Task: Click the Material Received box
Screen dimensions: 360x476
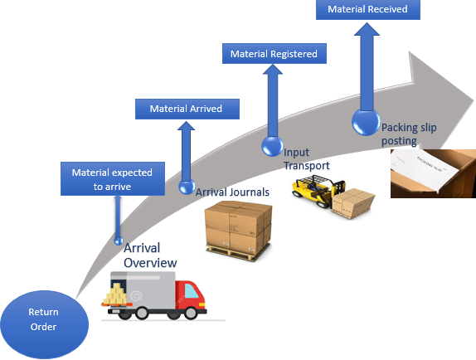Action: pyautogui.click(x=367, y=10)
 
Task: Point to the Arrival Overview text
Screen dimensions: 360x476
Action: pyautogui.click(x=150, y=255)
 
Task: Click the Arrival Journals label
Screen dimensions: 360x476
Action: pyautogui.click(x=232, y=192)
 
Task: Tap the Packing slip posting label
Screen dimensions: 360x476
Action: pyautogui.click(x=409, y=134)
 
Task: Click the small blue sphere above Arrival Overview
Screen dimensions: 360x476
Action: pyautogui.click(x=119, y=241)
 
